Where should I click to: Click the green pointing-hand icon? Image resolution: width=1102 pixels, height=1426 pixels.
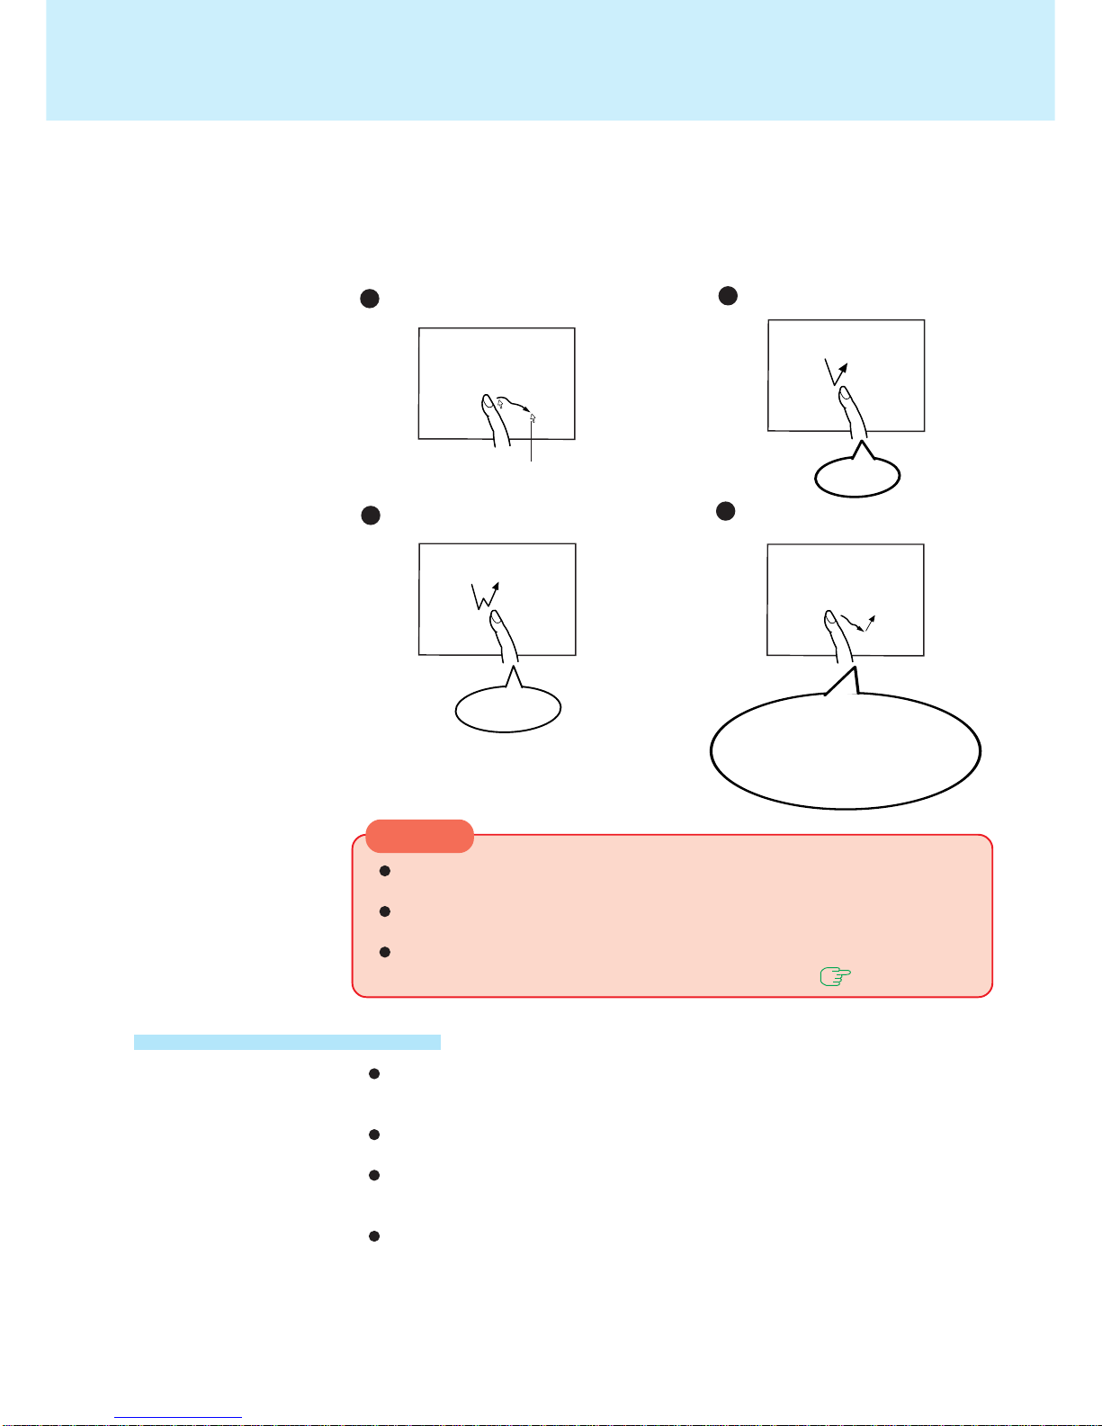836,976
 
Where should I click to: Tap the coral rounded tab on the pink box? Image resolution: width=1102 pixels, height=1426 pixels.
419,836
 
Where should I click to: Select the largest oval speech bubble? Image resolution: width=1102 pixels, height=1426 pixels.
845,751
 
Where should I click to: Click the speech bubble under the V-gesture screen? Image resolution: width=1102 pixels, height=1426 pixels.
856,477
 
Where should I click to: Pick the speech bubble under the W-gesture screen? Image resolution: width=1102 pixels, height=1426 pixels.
508,709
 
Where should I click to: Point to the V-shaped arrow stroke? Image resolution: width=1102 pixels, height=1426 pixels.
836,371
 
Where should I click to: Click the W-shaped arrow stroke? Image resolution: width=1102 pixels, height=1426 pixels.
485,596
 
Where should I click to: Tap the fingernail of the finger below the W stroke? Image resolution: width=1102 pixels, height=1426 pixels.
496,620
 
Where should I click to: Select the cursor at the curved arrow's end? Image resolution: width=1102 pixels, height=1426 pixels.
533,417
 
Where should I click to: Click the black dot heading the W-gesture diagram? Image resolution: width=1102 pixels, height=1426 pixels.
371,516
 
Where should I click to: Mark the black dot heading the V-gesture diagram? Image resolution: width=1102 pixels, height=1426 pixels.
728,295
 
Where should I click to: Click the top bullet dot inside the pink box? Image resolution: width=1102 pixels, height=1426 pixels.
385,871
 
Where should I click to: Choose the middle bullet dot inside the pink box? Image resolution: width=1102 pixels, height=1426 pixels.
385,911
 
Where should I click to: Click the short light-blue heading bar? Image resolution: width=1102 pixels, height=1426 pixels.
287,1042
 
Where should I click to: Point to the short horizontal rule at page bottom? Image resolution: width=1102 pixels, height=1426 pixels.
178,1418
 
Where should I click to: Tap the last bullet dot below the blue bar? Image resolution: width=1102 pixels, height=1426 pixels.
374,1236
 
